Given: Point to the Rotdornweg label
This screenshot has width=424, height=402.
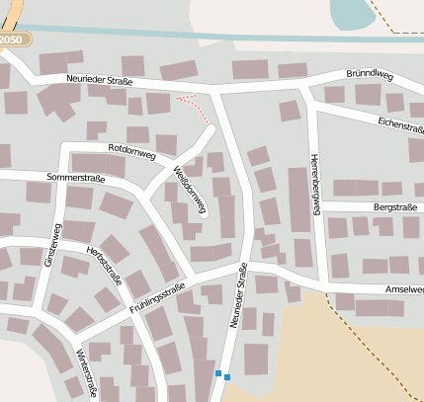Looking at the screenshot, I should point(133,150).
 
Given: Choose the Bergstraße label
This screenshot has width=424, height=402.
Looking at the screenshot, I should point(394,207).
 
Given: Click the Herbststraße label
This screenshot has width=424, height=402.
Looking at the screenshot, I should point(105,265).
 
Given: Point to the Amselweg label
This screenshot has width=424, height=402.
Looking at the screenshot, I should point(403,289).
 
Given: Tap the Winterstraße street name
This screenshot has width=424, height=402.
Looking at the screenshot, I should point(86,369).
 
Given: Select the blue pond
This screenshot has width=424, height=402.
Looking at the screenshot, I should point(346,14).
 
